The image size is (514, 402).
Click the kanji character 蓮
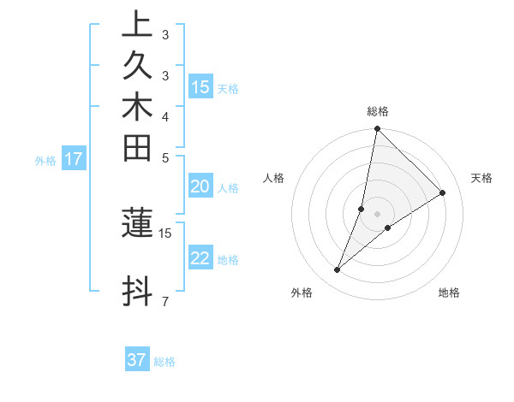(137, 222)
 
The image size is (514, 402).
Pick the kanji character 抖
(137, 291)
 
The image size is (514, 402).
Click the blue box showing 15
(200, 86)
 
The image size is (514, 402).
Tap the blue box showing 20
(200, 187)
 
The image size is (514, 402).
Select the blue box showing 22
(200, 258)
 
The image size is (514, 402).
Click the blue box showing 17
(74, 158)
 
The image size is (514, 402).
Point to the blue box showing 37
(137, 360)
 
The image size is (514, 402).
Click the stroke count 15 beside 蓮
(165, 233)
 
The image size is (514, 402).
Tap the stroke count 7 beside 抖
(164, 301)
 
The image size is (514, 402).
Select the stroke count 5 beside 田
(164, 157)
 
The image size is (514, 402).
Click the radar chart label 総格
(378, 111)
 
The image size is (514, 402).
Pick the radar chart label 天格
(481, 178)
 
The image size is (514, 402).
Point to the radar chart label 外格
(302, 293)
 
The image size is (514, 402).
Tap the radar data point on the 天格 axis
(443, 192)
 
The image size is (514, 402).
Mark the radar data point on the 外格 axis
(338, 270)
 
